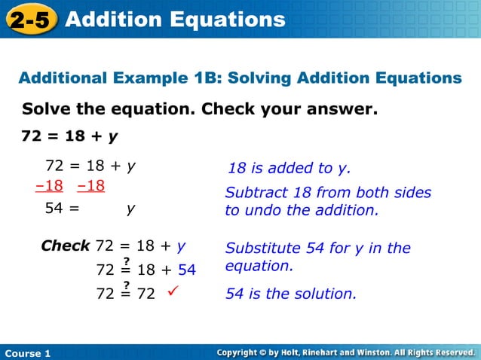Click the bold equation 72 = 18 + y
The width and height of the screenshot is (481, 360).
click(69, 137)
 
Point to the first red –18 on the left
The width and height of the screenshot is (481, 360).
click(49, 186)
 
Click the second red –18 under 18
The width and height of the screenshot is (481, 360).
click(90, 186)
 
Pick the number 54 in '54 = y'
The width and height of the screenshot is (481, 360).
click(54, 210)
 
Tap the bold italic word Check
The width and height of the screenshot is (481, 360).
click(66, 246)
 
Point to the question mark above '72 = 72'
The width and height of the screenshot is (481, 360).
click(127, 284)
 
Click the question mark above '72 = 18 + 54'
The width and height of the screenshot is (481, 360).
click(127, 260)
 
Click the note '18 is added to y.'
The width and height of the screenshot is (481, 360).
click(290, 168)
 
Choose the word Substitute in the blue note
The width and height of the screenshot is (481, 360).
click(261, 248)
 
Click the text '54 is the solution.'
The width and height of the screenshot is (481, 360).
click(291, 294)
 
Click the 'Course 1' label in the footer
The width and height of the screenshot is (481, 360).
click(27, 353)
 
